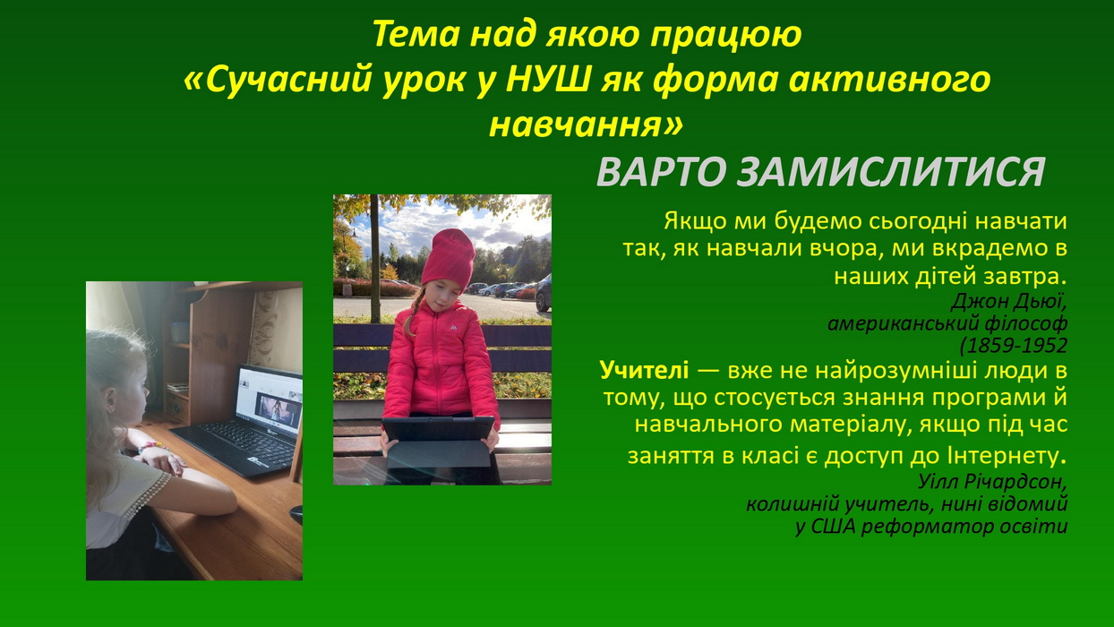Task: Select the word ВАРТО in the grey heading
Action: click(x=662, y=172)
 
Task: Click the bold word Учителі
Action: click(x=644, y=370)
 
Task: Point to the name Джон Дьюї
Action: click(x=1008, y=301)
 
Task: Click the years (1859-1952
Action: click(x=1013, y=346)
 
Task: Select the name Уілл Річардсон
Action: click(x=992, y=481)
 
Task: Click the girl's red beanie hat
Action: click(x=448, y=259)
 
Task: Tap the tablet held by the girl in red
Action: click(x=439, y=442)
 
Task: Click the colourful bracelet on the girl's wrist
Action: click(x=150, y=446)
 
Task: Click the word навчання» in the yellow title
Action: click(x=587, y=125)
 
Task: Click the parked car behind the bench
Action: click(x=543, y=294)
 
